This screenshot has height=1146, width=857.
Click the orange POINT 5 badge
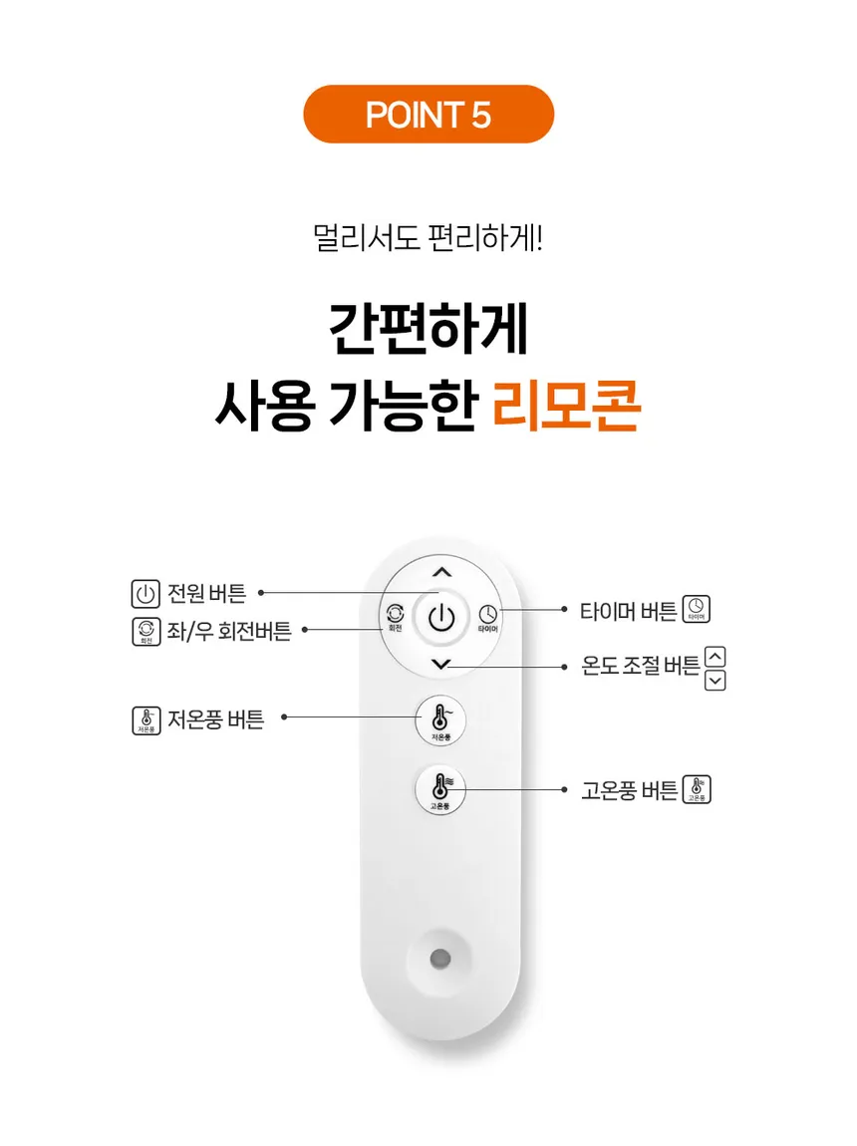[428, 114]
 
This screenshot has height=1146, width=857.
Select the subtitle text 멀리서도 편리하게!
[428, 238]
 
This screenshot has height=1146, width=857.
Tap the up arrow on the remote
[441, 572]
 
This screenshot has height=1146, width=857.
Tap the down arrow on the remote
[441, 664]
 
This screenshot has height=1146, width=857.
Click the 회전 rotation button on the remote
[396, 618]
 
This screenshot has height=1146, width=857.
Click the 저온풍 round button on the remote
[440, 720]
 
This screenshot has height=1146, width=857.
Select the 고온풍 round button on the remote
[440, 790]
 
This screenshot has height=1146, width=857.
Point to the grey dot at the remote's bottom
[439, 959]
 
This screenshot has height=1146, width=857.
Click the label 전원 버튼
[206, 593]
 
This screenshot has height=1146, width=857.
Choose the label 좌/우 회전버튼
[228, 631]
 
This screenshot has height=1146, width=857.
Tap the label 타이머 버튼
[629, 610]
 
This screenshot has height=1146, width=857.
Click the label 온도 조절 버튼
[640, 665]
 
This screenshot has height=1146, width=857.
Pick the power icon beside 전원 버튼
[145, 594]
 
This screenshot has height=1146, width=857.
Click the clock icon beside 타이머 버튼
[697, 609]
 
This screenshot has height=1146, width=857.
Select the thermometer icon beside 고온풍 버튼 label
[697, 789]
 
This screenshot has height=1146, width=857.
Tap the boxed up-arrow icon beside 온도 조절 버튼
[715, 657]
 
